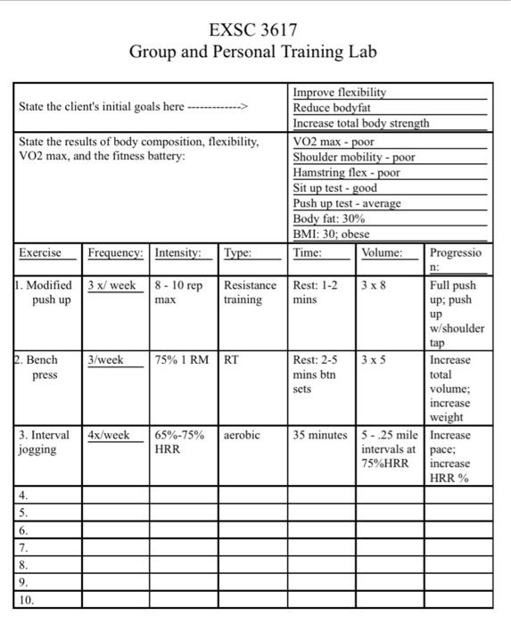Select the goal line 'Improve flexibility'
[340, 93]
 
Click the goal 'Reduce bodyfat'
[332, 108]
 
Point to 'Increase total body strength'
[360, 123]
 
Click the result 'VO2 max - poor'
[334, 142]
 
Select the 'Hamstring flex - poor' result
[346, 173]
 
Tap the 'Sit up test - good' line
[334, 188]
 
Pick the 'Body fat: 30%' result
[328, 219]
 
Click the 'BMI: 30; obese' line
[331, 234]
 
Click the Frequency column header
[115, 253]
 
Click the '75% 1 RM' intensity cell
[182, 360]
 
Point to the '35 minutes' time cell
[320, 435]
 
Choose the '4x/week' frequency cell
[108, 435]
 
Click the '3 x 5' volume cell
[375, 360]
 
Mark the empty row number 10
[26, 601]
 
